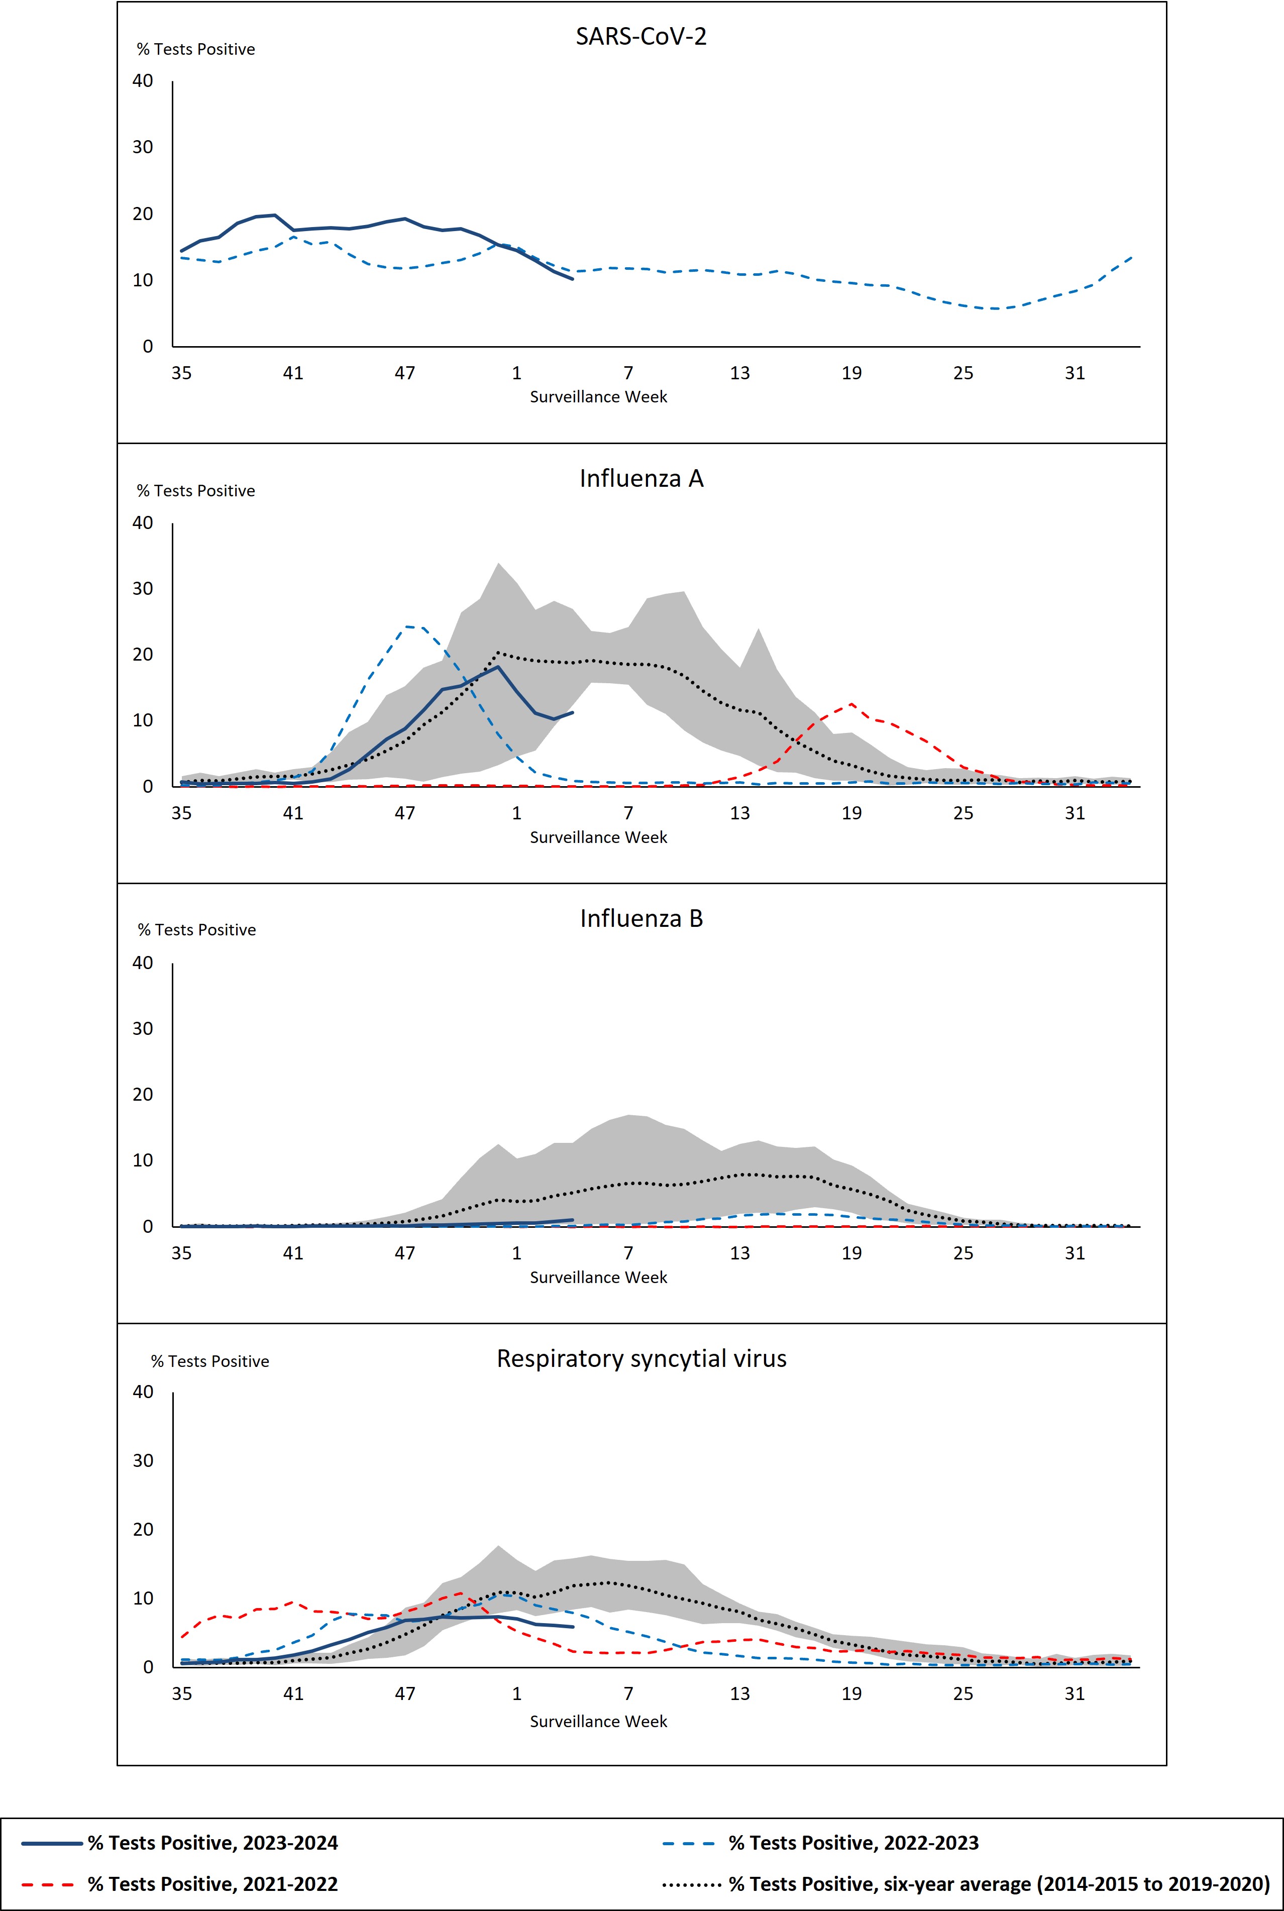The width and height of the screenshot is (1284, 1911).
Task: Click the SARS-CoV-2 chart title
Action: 640,37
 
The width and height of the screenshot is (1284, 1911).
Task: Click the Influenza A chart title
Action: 640,478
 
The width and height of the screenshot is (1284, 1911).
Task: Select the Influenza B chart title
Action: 640,919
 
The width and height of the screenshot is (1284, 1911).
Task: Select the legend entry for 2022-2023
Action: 853,1843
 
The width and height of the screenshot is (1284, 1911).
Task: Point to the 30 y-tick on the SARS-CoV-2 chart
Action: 143,147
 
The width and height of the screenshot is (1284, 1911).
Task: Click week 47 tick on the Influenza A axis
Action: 404,813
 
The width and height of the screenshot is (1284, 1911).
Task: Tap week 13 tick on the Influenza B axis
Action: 739,1253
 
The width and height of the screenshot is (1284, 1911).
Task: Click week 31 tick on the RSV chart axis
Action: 1075,1693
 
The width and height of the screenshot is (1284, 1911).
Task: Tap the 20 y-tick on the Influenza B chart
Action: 143,1095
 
